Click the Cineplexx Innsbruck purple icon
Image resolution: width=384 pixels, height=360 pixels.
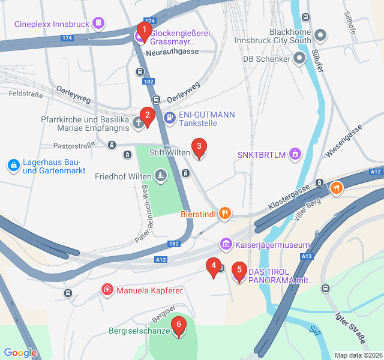coord(98,24)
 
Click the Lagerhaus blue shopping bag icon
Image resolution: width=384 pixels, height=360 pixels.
coord(13,164)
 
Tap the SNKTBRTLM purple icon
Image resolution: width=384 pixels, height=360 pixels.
coord(295,155)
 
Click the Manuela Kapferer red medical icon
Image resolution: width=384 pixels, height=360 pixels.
coord(107,290)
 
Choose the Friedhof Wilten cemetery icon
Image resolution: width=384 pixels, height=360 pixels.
coord(160,176)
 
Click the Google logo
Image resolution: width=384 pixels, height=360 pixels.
coord(20,352)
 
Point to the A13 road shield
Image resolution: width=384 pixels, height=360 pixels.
coord(307,256)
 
